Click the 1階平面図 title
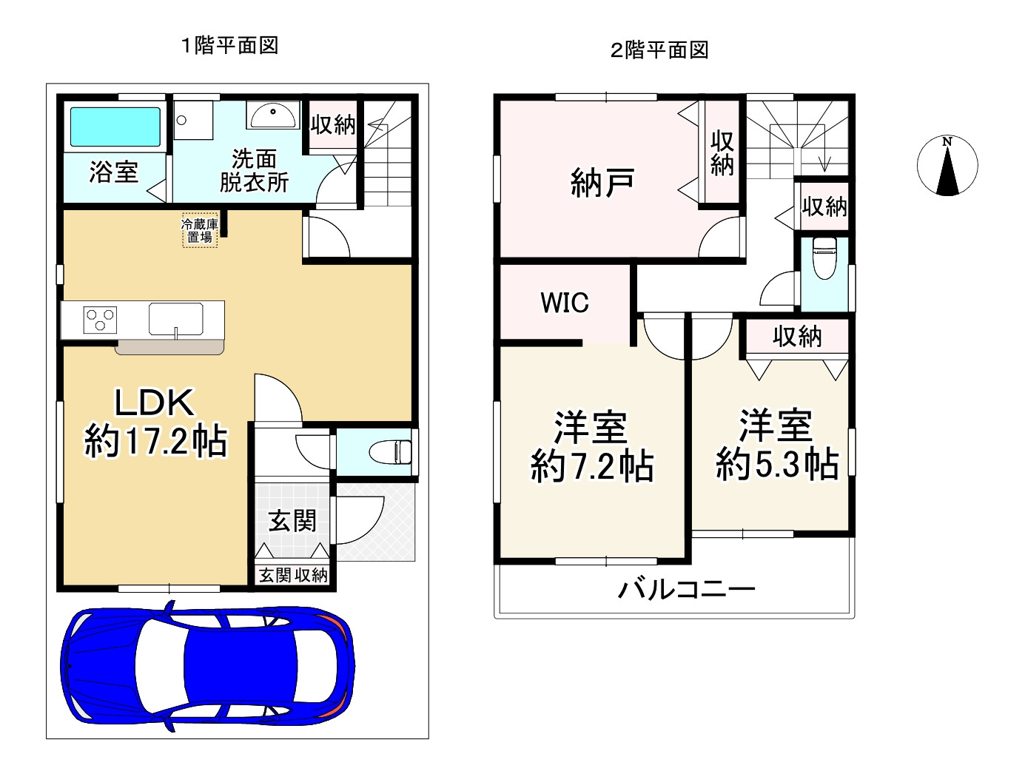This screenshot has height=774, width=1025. (230, 46)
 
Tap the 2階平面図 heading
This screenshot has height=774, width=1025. (659, 50)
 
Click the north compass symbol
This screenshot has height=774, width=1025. (947, 166)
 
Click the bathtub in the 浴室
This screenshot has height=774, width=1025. (115, 127)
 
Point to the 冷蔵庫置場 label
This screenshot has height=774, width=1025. (200, 230)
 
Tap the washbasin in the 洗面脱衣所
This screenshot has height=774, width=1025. (273, 115)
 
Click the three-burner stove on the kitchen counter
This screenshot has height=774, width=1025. (101, 320)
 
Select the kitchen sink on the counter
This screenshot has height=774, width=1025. (176, 320)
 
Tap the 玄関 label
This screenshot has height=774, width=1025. (292, 521)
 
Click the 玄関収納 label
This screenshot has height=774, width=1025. (293, 575)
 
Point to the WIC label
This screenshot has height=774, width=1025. (565, 303)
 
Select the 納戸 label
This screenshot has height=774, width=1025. (602, 182)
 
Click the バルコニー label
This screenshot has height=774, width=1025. (686, 590)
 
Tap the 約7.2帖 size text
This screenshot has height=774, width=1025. (592, 467)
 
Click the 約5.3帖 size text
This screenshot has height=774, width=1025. (777, 465)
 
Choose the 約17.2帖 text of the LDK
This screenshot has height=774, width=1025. (155, 442)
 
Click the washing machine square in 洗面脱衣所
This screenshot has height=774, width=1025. (192, 120)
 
